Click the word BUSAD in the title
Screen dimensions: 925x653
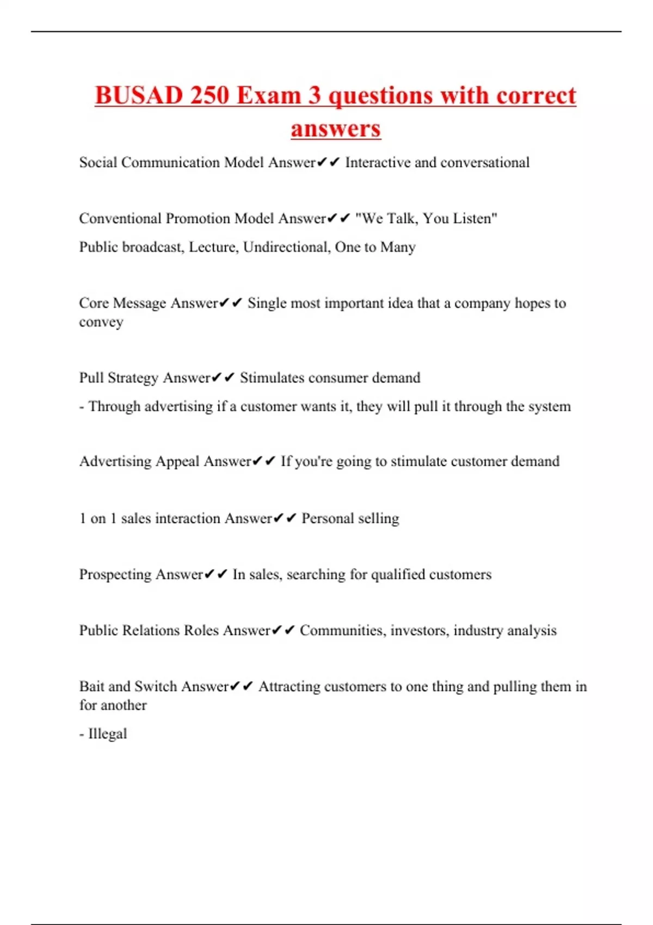click(x=138, y=96)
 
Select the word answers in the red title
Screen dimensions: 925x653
click(x=336, y=129)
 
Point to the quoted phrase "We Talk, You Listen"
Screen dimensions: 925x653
click(x=426, y=219)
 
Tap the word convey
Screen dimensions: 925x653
click(x=101, y=322)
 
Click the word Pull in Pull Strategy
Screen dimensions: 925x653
click(x=91, y=378)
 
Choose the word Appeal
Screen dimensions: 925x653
click(x=178, y=462)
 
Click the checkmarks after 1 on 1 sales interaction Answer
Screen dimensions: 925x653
click(x=285, y=519)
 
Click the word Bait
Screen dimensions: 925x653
click(x=91, y=687)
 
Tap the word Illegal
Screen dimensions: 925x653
click(x=107, y=734)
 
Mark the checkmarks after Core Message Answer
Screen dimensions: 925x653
click(x=231, y=304)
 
